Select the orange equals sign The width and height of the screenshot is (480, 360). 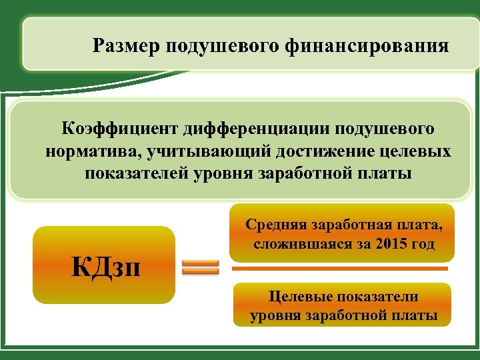(201, 267)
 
